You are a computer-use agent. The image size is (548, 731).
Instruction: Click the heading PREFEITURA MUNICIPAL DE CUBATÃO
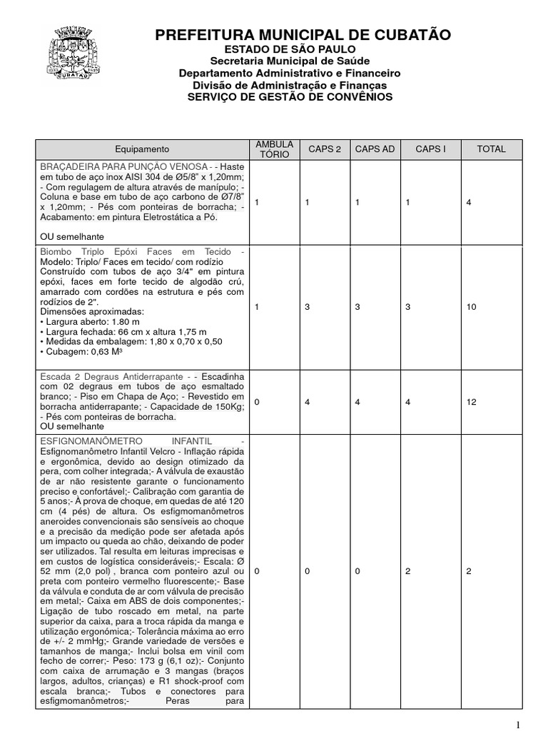point(303,35)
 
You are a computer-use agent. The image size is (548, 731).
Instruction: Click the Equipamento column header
point(142,149)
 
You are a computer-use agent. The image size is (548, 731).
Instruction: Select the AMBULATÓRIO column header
point(270,149)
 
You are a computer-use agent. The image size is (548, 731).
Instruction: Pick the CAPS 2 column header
point(325,149)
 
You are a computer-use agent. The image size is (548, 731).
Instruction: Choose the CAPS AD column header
point(375,149)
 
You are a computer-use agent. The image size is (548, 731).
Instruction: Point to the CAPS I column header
point(430,149)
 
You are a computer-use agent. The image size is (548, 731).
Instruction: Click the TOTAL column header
point(492,149)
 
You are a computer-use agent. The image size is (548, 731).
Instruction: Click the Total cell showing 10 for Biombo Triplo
point(471,306)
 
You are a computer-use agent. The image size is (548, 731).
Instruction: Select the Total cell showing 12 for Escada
point(471,402)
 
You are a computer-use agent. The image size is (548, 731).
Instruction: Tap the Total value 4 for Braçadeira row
point(469,203)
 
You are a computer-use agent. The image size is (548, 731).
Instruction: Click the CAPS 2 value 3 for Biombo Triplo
point(308,306)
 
